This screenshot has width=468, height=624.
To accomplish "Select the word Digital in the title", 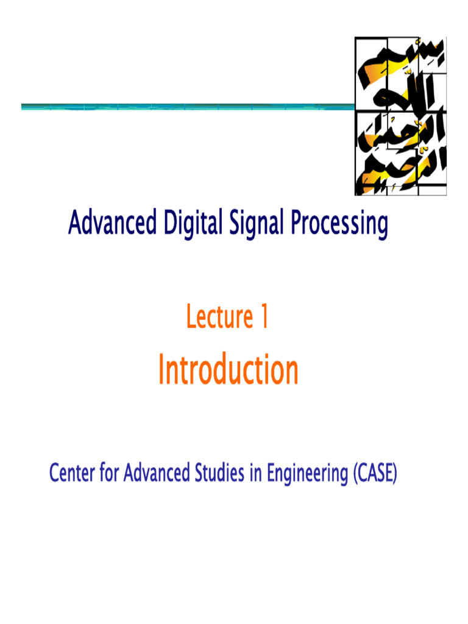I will coord(188,224).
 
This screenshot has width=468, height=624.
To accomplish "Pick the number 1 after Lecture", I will coord(263,317).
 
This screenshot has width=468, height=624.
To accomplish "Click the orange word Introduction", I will coord(229,370).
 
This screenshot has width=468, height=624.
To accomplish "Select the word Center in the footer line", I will coord(72,473).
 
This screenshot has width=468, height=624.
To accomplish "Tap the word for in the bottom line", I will coord(109,473).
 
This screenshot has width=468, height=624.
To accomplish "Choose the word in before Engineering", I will coord(255,473).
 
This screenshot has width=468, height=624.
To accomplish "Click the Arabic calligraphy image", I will coord(400,116).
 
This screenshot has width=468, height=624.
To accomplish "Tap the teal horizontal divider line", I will coord(183,107).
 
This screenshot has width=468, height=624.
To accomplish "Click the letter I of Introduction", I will coord(161,370).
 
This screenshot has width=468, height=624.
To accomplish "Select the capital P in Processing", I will coord(295,224).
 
